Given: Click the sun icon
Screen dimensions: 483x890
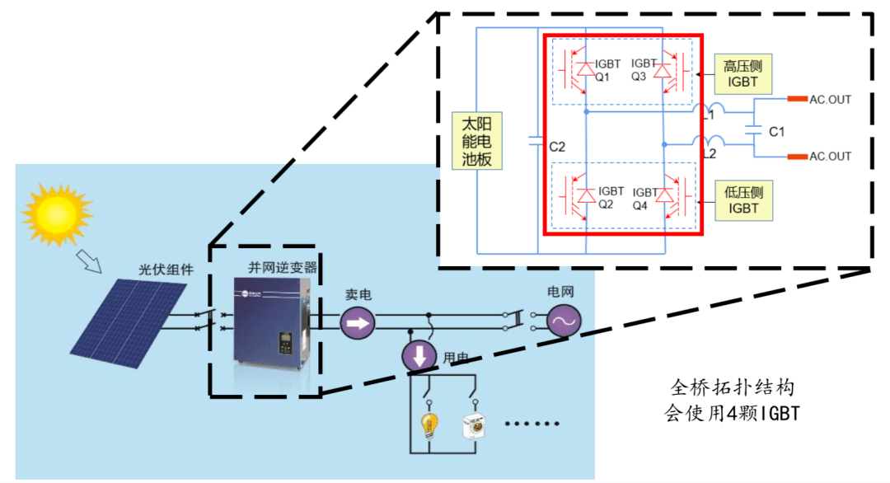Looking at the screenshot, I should click(x=55, y=212).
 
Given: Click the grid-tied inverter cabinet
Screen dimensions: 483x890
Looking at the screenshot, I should click(x=272, y=321).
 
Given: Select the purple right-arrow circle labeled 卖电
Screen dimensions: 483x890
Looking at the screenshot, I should click(x=357, y=322).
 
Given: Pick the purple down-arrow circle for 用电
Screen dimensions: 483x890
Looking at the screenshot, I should click(x=419, y=355).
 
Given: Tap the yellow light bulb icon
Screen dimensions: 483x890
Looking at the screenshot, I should click(x=429, y=425).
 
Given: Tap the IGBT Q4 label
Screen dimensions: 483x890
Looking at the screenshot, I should click(x=644, y=199).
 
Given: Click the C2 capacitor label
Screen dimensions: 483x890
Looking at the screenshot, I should click(x=557, y=147).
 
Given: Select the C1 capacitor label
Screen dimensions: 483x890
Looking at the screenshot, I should click(x=776, y=131).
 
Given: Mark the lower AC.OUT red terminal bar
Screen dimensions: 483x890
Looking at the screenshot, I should click(x=797, y=156).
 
